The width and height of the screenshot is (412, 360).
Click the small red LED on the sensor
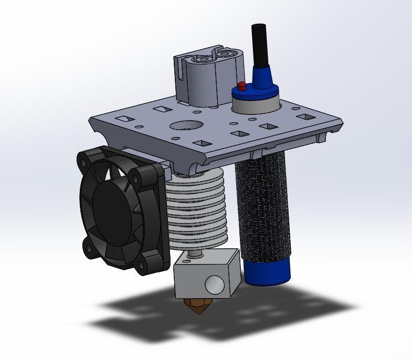241,85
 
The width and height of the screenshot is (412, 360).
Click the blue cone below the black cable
261,76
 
